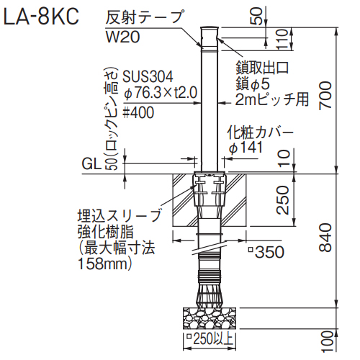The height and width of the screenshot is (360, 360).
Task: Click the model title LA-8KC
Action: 41,17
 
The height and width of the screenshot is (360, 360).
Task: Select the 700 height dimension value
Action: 325,95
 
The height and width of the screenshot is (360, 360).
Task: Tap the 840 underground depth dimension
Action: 325,238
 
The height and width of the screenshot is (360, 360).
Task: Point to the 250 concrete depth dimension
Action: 282,200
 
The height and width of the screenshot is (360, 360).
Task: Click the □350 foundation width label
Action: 266,252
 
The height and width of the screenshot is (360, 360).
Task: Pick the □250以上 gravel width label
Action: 210,339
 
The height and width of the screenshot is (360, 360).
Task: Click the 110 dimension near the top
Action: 282,39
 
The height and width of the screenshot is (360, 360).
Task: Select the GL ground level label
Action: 91,164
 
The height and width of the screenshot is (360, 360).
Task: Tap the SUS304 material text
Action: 148,77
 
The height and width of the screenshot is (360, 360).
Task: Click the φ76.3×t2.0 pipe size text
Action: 160,93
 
